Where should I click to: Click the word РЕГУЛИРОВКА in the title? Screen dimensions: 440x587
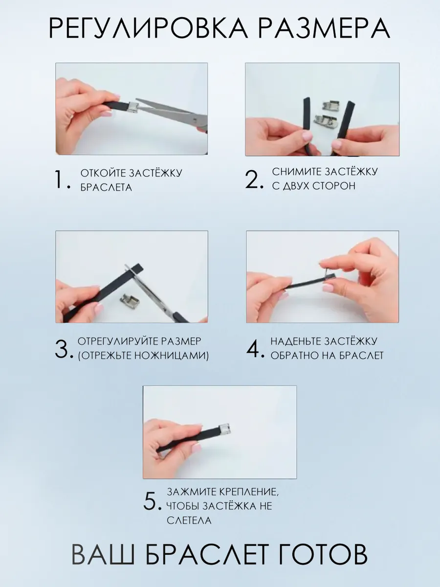click(x=149, y=28)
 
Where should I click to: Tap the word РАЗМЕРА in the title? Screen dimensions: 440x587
click(x=324, y=28)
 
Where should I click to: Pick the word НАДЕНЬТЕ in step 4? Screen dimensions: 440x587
click(x=295, y=341)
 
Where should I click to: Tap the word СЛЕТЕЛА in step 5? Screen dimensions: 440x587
click(x=189, y=520)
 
